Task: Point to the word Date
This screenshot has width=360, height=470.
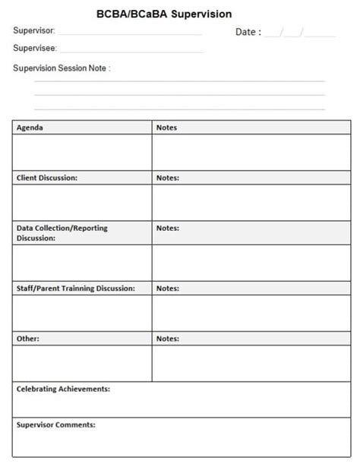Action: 248,32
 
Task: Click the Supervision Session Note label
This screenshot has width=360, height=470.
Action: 62,68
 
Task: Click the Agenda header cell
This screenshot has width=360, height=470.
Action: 30,128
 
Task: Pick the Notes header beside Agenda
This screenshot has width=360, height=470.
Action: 166,128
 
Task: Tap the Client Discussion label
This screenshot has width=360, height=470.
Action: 46,178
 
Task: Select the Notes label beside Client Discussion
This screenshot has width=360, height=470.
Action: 167,178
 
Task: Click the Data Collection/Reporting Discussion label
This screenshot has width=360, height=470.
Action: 62,232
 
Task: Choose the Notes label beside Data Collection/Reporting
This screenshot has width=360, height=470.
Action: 167,228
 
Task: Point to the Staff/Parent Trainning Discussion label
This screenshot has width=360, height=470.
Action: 75,289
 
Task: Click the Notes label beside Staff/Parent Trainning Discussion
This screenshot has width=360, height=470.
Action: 167,289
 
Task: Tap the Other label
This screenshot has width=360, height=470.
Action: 28,339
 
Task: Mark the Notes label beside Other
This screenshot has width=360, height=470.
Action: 167,339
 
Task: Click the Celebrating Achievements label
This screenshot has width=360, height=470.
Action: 63,389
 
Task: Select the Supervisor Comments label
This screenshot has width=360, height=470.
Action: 55,424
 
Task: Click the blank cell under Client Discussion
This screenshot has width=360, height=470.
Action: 82,202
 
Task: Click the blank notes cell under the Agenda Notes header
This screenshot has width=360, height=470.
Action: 251,152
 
